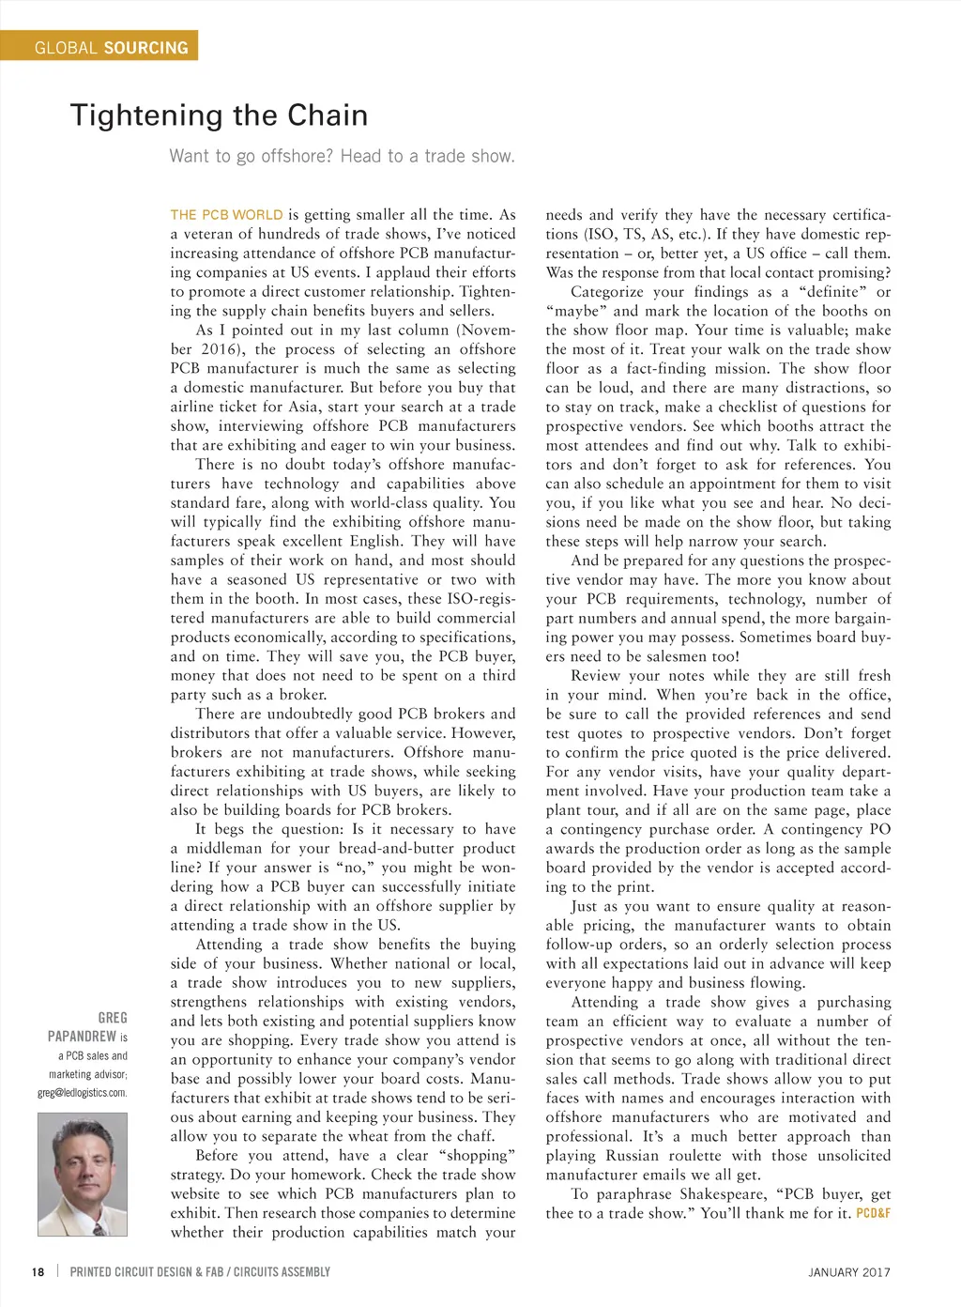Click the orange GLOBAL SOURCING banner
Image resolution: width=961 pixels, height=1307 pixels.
point(99,46)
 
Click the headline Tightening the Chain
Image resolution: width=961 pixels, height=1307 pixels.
point(219,115)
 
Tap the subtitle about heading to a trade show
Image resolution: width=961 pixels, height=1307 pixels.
point(342,156)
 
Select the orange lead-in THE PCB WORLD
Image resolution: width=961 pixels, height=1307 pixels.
point(226,215)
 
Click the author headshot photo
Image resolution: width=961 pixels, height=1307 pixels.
point(83,1174)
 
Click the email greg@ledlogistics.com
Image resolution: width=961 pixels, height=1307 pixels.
point(82,1093)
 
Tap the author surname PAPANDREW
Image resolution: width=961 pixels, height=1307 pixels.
point(82,1037)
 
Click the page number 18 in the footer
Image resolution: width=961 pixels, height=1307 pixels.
point(38,1272)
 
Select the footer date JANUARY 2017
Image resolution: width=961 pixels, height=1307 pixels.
point(848,1272)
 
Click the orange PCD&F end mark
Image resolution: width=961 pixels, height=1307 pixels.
point(873,1213)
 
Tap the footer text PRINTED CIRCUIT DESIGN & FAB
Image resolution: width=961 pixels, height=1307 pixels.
point(146,1272)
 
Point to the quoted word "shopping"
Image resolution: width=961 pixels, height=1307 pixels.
point(479,1156)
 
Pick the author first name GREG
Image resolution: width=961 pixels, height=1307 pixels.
point(113,1018)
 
